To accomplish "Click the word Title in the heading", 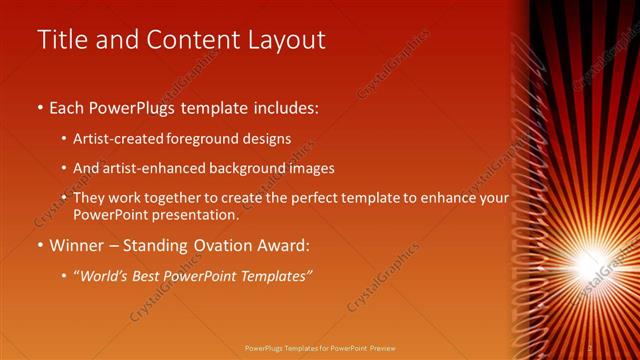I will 59,40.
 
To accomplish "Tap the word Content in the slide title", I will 187,40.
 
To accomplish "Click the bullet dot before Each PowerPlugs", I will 40,106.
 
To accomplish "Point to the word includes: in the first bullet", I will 282,106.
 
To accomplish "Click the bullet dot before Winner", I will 40,244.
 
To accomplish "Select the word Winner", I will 77,244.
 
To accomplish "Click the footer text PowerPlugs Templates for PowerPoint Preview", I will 320,348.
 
